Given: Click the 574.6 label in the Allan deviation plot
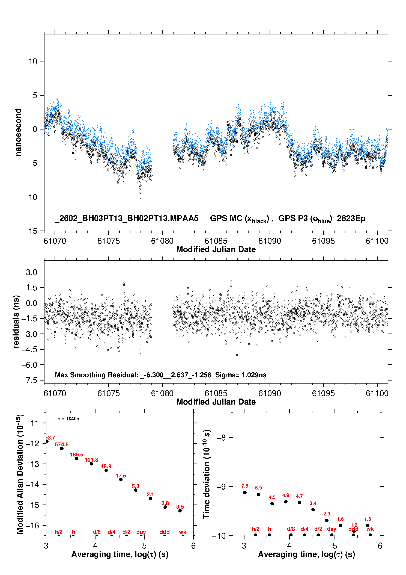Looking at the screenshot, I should (x=61, y=444).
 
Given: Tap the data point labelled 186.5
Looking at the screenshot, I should (x=76, y=458).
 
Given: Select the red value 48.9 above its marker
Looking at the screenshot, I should (x=106, y=466).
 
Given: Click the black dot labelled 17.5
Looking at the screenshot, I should (x=121, y=479).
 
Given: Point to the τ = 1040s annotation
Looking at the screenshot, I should (x=69, y=419).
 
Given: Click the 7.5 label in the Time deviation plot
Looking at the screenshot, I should (x=245, y=486).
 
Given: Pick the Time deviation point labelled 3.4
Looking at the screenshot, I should (x=313, y=510).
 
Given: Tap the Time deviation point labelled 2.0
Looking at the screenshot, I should (x=327, y=520).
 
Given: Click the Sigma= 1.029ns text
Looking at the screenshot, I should (x=241, y=375).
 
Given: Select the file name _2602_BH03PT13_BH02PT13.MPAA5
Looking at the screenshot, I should (x=126, y=218).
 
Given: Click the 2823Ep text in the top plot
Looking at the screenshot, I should (x=351, y=218).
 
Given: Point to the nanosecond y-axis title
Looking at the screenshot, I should (x=18, y=132).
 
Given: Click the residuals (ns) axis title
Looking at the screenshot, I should (x=16, y=322).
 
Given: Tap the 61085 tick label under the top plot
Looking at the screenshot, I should (x=216, y=241).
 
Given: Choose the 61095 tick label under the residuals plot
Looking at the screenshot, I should (x=323, y=393).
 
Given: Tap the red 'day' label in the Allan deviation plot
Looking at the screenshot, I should (x=141, y=532).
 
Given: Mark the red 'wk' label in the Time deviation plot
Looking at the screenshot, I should (x=370, y=529).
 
